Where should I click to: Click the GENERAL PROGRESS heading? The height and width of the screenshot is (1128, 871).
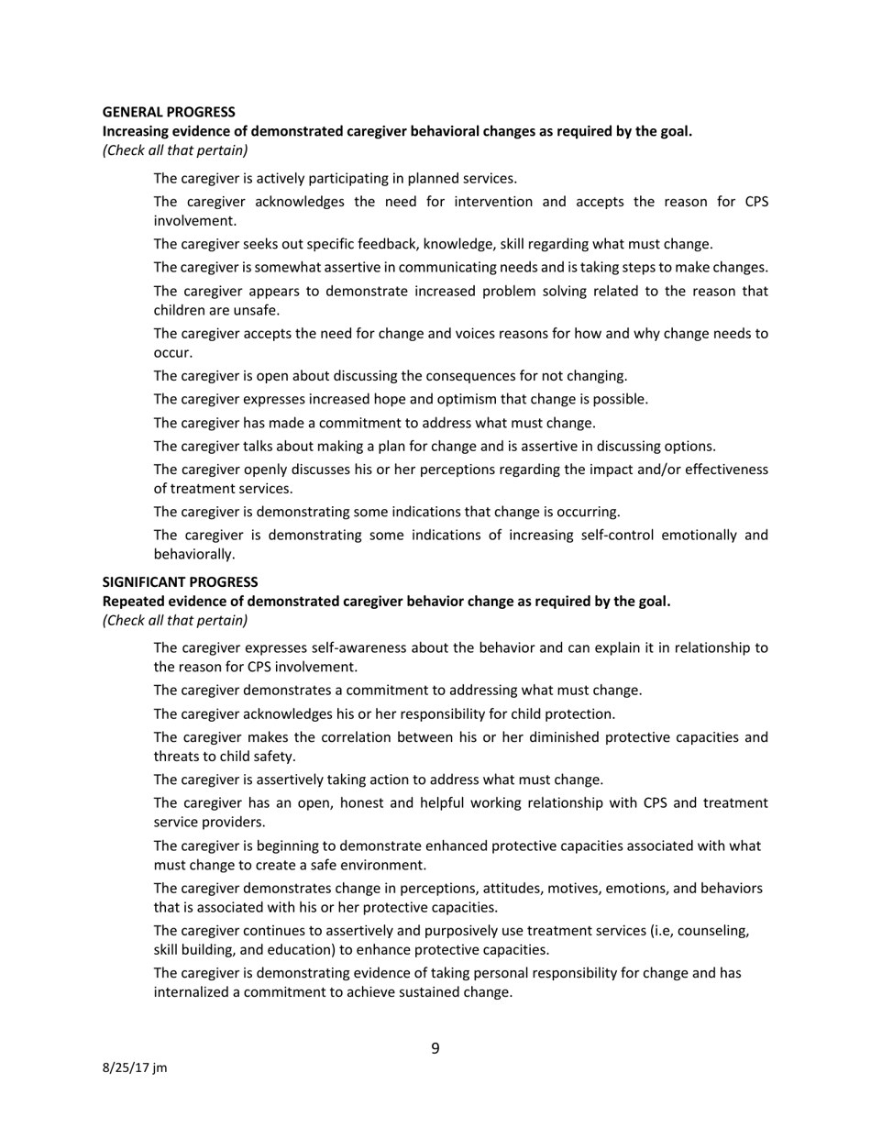coord(168,112)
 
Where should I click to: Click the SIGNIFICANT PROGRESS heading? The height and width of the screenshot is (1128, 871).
coord(180,582)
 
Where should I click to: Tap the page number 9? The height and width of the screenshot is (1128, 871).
coord(435,1048)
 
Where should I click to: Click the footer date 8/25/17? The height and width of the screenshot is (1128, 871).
coord(127,1067)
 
